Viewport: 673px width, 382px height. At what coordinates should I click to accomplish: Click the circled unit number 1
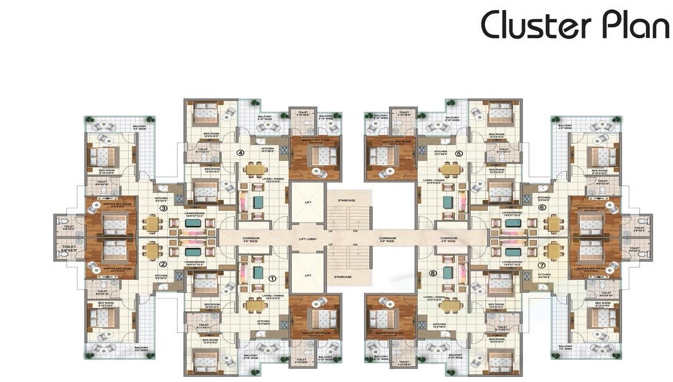(x=272, y=278)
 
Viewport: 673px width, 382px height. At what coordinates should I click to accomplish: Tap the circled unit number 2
(x=163, y=264)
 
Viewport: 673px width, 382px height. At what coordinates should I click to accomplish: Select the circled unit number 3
(x=163, y=208)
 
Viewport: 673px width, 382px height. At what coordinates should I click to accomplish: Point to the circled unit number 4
(x=240, y=153)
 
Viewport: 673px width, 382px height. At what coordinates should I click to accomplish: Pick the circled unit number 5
(x=459, y=153)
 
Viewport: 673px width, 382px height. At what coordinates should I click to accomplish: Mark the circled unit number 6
(x=542, y=208)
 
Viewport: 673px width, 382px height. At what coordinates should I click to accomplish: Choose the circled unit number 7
(x=542, y=265)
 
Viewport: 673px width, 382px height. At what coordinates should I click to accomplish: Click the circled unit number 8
(x=433, y=273)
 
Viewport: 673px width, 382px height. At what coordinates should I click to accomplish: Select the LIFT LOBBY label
(x=308, y=240)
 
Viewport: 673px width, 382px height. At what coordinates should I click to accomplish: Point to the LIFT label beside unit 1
(x=308, y=275)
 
